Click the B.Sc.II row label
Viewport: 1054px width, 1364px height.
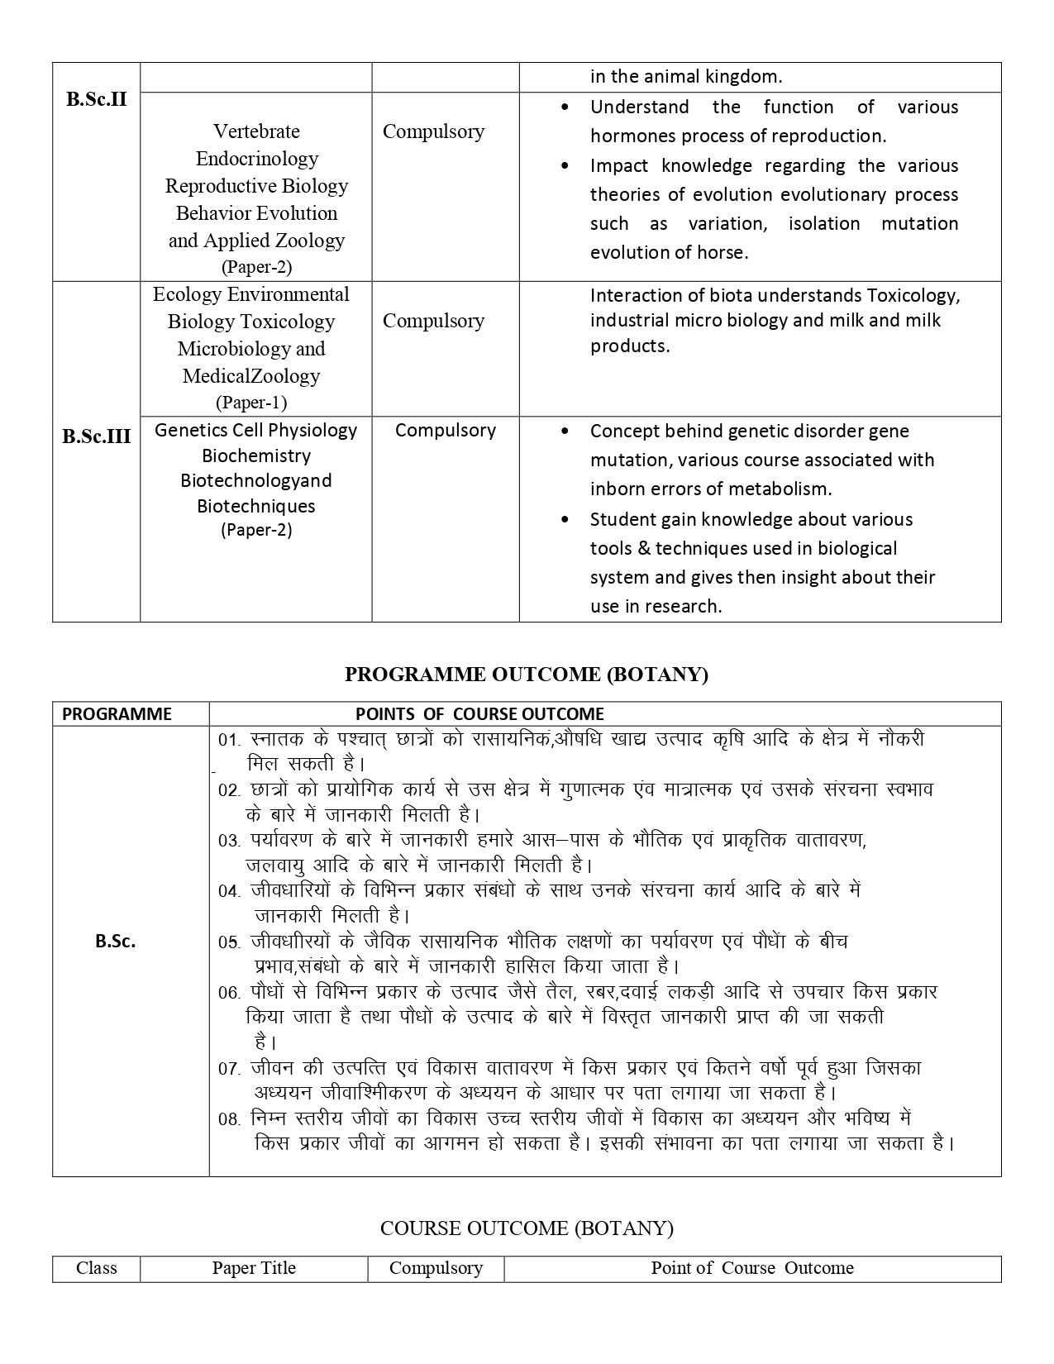click(x=97, y=100)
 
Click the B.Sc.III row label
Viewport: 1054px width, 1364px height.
click(x=97, y=436)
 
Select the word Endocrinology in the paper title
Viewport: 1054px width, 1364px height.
click(x=256, y=159)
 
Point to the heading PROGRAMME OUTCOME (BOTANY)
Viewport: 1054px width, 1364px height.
click(x=527, y=675)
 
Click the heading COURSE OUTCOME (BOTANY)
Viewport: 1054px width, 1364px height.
click(x=527, y=1228)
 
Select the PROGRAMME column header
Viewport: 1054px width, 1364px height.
click(x=117, y=714)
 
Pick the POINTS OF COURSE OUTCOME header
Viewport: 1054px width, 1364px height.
click(x=479, y=714)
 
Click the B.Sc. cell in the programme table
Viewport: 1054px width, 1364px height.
click(x=116, y=941)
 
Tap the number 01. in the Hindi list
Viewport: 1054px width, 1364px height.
click(x=229, y=740)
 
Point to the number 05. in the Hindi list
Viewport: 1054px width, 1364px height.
click(x=229, y=942)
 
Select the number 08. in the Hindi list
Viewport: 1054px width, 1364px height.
click(x=229, y=1119)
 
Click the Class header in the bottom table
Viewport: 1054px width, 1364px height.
click(x=96, y=1268)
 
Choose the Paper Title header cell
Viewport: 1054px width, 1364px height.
click(x=254, y=1268)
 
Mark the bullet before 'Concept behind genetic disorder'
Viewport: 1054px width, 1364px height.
click(x=565, y=432)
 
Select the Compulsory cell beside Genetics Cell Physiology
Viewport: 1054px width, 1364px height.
click(x=445, y=430)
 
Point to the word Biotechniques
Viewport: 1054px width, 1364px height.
click(x=256, y=506)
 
